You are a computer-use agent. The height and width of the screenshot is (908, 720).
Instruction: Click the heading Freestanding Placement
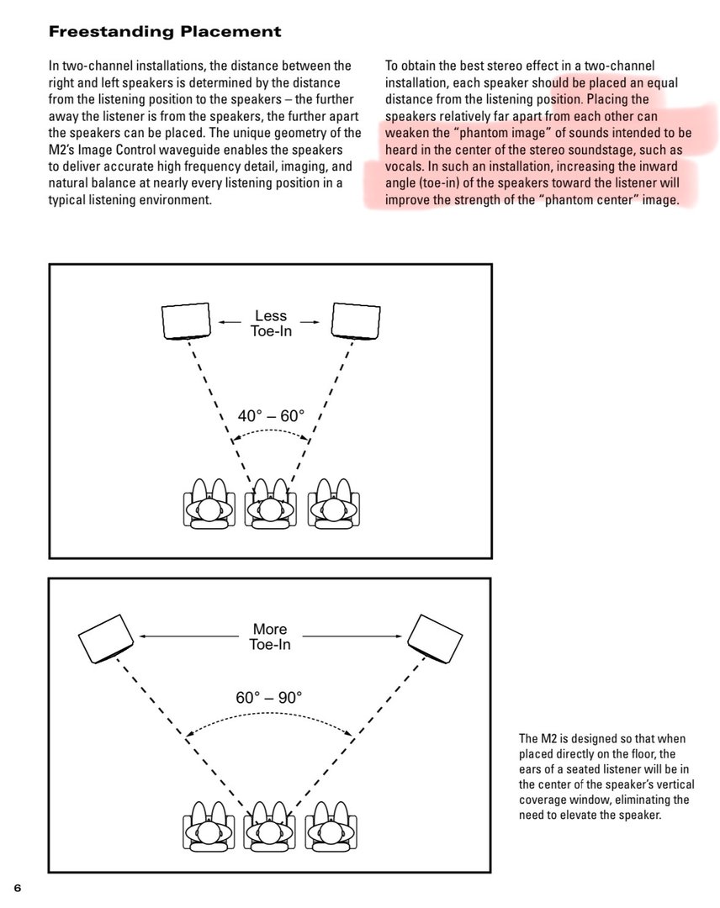point(165,33)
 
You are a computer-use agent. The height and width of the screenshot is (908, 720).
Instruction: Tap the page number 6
point(17,888)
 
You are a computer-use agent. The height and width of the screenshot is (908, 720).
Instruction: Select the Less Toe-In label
point(269,323)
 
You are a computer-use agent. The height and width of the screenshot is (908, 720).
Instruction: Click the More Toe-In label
point(270,636)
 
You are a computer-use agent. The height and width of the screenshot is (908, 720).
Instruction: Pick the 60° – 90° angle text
point(269,697)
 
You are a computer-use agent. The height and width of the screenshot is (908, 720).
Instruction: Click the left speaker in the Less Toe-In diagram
point(185,320)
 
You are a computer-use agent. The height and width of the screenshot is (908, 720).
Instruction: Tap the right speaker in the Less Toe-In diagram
point(356,320)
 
